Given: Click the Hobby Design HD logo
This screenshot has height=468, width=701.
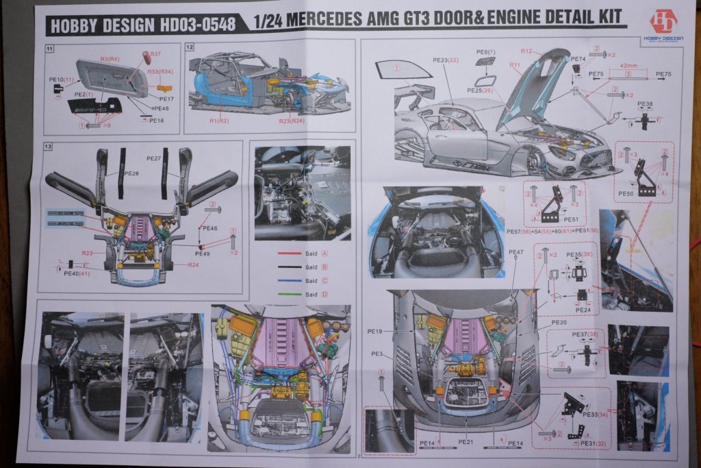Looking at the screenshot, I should [x=662, y=22].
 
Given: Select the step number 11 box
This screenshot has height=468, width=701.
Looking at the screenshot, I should [x=49, y=49].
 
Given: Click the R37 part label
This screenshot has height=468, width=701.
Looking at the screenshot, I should [x=155, y=54].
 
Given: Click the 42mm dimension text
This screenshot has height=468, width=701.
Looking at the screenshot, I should [x=626, y=66].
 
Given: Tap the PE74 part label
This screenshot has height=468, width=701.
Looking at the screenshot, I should [x=578, y=59].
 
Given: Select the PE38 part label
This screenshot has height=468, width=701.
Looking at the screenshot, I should [x=645, y=104].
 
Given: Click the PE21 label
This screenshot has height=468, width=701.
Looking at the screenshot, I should [x=466, y=442].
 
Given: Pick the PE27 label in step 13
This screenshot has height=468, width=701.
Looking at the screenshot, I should [x=153, y=158].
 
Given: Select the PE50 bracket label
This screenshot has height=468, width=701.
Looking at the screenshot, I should [x=625, y=194].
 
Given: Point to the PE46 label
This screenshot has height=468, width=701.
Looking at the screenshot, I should [x=210, y=227].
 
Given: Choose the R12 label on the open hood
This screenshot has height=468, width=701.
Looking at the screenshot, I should [x=526, y=51].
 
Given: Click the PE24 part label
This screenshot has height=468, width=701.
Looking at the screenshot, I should [x=583, y=310].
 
